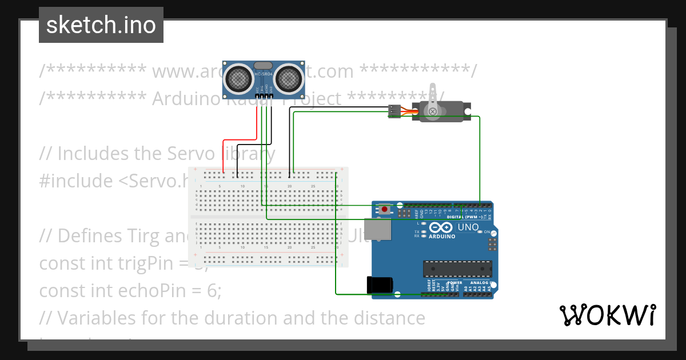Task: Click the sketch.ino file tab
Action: pyautogui.click(x=101, y=25)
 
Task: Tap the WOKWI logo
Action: pyautogui.click(x=607, y=315)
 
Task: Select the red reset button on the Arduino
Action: pyautogui.click(x=385, y=210)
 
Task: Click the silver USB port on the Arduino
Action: pyautogui.click(x=377, y=229)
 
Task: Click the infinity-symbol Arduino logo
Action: pyautogui.click(x=439, y=227)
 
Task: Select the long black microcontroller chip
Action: pyautogui.click(x=457, y=268)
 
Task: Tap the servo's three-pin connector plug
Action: pyautogui.click(x=394, y=111)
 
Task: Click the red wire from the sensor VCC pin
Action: pyautogui.click(x=240, y=139)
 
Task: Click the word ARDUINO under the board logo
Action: pyautogui.click(x=442, y=236)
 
